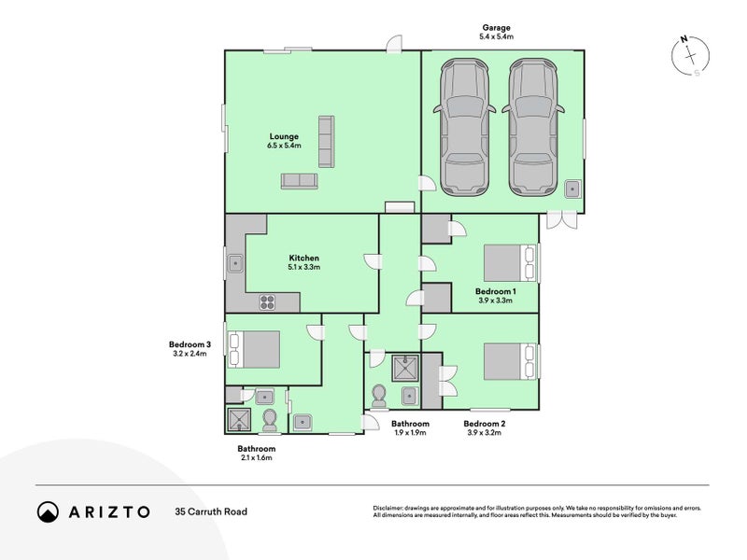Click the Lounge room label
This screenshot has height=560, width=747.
click(x=284, y=136)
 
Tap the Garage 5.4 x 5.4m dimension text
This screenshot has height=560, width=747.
click(x=497, y=36)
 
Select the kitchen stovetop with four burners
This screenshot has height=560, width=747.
click(x=267, y=302)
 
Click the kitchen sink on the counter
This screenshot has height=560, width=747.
click(x=235, y=263)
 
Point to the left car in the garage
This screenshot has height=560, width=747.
click(x=464, y=127)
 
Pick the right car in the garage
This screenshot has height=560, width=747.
click(x=533, y=127)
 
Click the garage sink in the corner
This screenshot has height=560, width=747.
click(x=572, y=189)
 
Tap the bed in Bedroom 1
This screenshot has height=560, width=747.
click(x=510, y=263)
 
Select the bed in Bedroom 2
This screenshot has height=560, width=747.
click(x=510, y=361)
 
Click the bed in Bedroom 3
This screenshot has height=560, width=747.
click(x=254, y=349)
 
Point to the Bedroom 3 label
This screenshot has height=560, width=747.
click(x=190, y=344)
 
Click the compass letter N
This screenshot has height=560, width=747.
click(x=684, y=39)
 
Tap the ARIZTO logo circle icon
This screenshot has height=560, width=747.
click(x=48, y=511)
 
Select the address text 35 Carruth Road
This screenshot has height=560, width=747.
click(x=211, y=511)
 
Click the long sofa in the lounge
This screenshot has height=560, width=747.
click(x=326, y=142)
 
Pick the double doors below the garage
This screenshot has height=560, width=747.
click(x=562, y=220)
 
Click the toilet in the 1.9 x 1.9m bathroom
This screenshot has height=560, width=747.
click(x=379, y=395)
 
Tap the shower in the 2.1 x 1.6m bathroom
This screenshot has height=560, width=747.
click(x=239, y=419)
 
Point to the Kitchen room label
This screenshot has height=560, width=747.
click(x=304, y=259)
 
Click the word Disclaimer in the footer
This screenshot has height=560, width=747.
click(x=388, y=509)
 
